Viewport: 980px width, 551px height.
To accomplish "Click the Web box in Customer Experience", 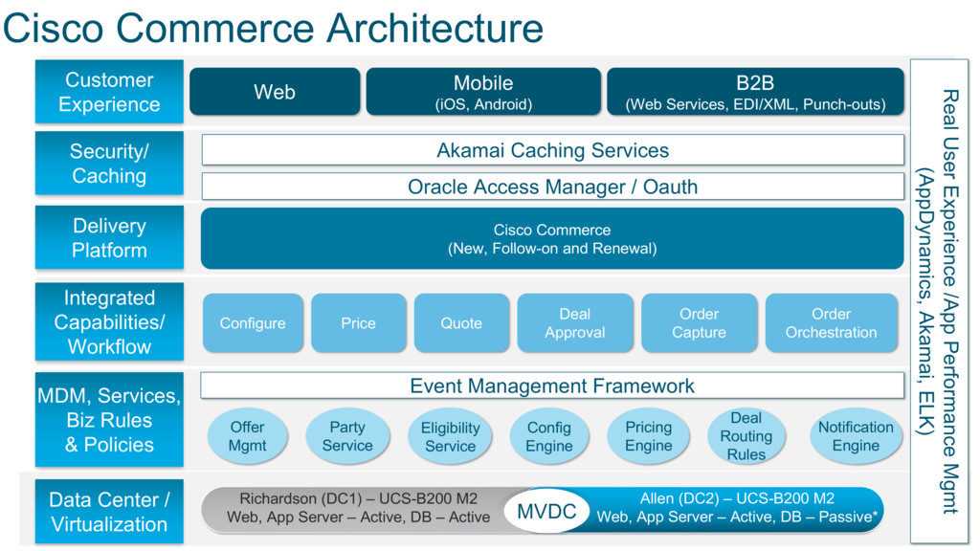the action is tap(275, 92).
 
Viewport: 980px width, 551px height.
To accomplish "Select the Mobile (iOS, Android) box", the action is tap(483, 92).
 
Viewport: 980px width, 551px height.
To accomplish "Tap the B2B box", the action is tap(755, 92).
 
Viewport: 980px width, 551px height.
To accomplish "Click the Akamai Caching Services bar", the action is tap(552, 150).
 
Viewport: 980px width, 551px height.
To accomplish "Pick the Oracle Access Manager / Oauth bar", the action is tap(552, 187).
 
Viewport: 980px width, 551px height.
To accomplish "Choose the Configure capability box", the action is tap(253, 323).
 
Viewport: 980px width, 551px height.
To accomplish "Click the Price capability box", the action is tap(358, 323).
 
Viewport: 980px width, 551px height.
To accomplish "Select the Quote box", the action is tap(461, 323).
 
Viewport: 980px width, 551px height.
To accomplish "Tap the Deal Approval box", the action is tap(575, 323).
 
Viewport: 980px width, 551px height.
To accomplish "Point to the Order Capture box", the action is tap(699, 323).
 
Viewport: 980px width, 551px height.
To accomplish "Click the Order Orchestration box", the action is tap(832, 323).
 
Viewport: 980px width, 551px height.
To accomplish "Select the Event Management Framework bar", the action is tap(552, 386).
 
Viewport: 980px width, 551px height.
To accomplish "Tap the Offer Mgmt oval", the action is tap(248, 436).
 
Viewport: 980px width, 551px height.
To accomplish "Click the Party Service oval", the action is tap(347, 436).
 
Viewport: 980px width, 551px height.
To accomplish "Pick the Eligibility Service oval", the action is tap(450, 436).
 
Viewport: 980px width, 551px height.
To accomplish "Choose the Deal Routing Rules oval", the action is tap(746, 436).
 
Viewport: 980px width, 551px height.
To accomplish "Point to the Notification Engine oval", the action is tap(856, 436).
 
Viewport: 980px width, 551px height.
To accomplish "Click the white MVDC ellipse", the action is tap(546, 511).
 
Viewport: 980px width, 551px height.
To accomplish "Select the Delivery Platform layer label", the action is tap(109, 237).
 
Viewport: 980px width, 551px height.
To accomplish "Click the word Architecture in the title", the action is tap(435, 28).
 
